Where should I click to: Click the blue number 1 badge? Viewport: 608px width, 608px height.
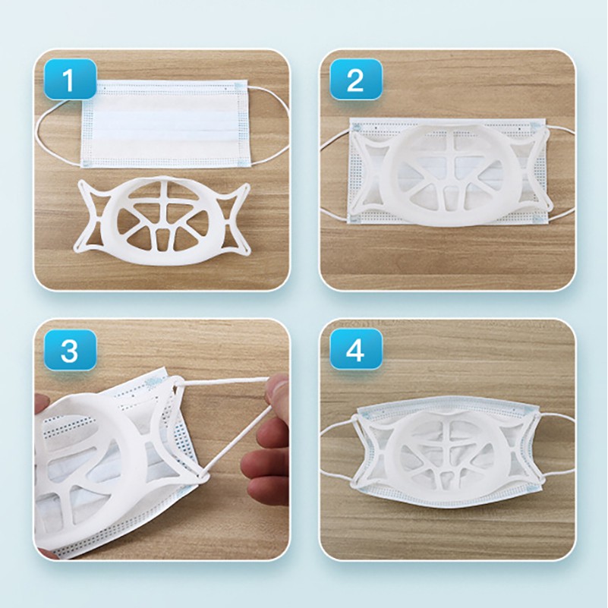[70, 79]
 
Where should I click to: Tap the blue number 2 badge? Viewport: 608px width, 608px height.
[356, 79]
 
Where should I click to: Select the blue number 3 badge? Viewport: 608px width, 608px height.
[70, 350]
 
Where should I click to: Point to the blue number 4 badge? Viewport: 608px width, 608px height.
[356, 350]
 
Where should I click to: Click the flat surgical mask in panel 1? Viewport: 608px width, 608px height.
[165, 124]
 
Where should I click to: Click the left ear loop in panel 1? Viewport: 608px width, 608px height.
[58, 128]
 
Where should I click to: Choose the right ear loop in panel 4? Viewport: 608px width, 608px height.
[559, 446]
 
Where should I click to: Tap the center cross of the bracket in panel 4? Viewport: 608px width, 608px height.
[450, 446]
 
